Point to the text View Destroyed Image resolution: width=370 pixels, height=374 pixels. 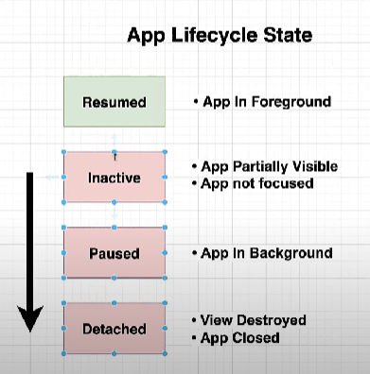tap(255, 320)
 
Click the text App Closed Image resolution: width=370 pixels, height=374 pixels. tap(241, 337)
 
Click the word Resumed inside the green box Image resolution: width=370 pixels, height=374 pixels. tap(114, 102)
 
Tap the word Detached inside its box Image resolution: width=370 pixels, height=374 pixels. tap(114, 329)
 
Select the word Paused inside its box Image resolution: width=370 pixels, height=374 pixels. tap(114, 253)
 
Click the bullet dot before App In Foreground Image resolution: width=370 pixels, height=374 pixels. tap(195, 101)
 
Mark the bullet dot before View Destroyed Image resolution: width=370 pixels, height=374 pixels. tap(195, 321)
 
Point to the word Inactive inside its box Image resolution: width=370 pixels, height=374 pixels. tap(114, 177)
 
